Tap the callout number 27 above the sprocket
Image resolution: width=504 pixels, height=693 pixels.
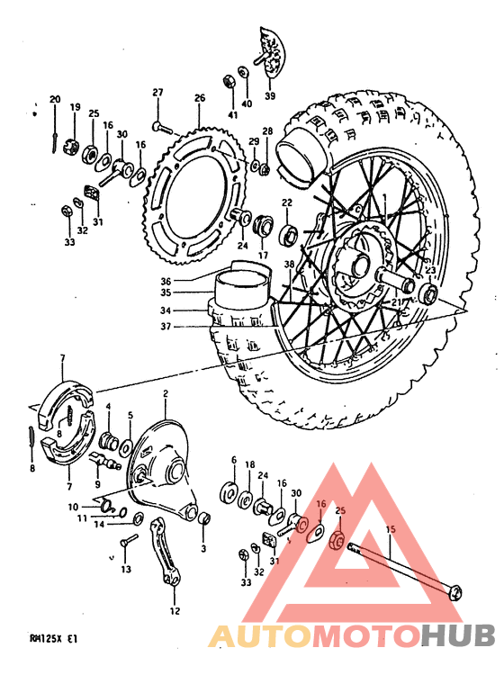[157, 93]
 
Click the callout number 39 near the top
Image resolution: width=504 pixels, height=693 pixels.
[270, 96]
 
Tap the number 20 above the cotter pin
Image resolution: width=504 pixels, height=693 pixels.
[55, 99]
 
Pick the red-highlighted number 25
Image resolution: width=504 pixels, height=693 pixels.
[341, 511]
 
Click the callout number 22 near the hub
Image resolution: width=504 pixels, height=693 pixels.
[287, 203]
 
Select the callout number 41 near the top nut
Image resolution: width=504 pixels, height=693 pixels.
[232, 114]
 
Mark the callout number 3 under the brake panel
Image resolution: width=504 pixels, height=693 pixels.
[203, 548]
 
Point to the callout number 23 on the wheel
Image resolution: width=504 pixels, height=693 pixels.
[430, 269]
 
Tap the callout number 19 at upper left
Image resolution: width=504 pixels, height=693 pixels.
[76, 106]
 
